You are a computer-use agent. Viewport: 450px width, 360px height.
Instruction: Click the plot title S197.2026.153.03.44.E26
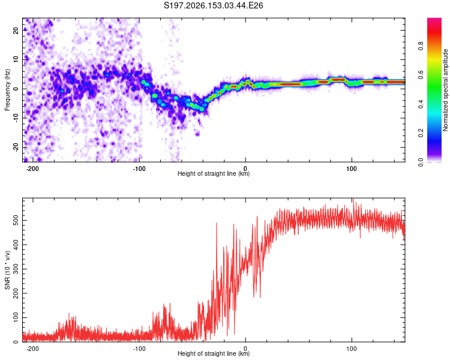tap(213, 5)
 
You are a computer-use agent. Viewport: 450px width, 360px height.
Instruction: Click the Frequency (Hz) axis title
tap(7, 90)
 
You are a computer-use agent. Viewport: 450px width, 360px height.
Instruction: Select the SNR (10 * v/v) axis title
tap(7, 270)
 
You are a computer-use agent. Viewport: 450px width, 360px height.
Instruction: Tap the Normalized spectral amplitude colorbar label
tap(445, 90)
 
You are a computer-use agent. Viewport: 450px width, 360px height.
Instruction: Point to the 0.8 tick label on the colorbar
tap(421, 46)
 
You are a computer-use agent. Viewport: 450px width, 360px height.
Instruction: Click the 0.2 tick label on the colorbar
tap(421, 133)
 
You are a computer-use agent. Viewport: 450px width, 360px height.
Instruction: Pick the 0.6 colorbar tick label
tap(421, 75)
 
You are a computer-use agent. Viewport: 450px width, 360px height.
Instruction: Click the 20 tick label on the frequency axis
tap(16, 30)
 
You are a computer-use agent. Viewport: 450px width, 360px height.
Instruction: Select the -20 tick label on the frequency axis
tap(16, 147)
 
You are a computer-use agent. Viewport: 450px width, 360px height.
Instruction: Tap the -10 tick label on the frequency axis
tap(16, 118)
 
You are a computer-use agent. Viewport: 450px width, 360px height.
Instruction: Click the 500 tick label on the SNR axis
tap(16, 220)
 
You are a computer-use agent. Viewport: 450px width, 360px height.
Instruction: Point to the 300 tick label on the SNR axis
tap(16, 269)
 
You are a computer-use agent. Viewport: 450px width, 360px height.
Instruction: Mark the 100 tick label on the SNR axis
tap(16, 317)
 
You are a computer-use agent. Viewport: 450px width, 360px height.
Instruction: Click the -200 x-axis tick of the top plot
tap(32, 169)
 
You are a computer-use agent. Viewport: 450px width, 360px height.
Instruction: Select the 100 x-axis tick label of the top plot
tap(351, 169)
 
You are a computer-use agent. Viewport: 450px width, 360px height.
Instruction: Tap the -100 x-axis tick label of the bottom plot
tap(139, 349)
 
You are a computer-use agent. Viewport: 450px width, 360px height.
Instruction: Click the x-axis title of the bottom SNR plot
tap(214, 353)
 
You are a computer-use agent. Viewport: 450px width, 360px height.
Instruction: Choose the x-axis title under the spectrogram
tap(214, 173)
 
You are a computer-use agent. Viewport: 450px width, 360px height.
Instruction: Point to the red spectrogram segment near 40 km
tap(290, 84)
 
